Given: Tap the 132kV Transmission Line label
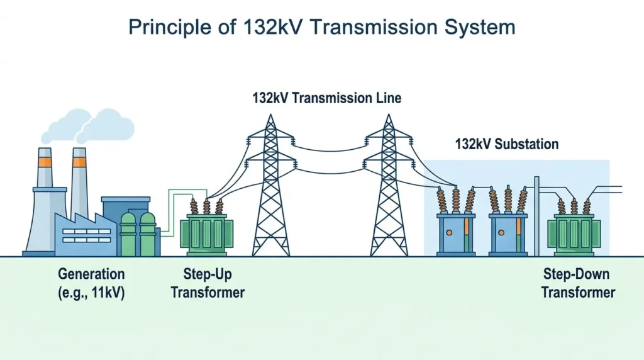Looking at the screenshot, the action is [327, 98].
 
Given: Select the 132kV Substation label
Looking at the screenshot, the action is [507, 144].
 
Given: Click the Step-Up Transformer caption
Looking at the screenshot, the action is [208, 283].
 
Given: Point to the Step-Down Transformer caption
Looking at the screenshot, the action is [578, 283].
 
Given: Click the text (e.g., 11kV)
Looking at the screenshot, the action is [91, 293].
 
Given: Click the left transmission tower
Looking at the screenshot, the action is [270, 185].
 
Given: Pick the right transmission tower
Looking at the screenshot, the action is [389, 185].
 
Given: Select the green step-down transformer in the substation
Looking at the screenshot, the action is [574, 234].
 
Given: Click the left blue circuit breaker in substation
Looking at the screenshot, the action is [456, 234].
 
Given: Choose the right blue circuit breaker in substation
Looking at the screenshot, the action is [508, 234].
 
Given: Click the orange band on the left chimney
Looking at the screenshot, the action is [45, 162].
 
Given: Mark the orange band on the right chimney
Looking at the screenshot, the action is [79, 162].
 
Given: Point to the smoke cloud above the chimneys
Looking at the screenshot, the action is [88, 126].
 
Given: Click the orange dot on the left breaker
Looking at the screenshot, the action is [449, 233].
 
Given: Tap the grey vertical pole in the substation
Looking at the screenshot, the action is [536, 216].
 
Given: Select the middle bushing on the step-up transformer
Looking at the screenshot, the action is [206, 206].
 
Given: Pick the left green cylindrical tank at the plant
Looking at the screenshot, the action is [128, 234].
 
